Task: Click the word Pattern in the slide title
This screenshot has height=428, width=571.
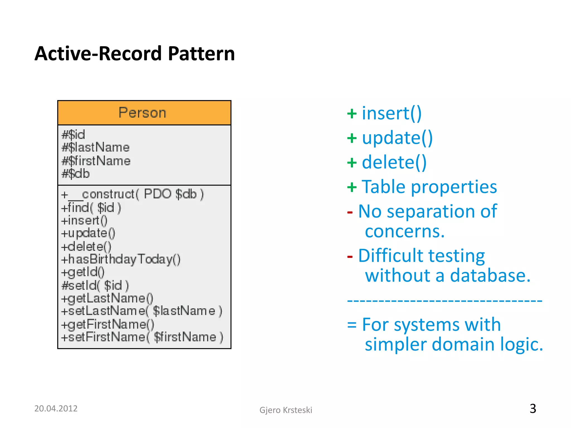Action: pyautogui.click(x=201, y=53)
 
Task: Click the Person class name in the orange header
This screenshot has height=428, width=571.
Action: pyautogui.click(x=142, y=113)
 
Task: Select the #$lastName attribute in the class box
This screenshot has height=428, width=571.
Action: pyautogui.click(x=96, y=147)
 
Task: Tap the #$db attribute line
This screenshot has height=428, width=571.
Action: pyautogui.click(x=76, y=174)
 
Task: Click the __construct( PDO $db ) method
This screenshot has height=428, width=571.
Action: pyautogui.click(x=132, y=194)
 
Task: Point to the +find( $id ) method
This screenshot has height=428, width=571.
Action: pyautogui.click(x=91, y=208)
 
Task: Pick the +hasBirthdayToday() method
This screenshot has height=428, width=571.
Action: pyautogui.click(x=121, y=259)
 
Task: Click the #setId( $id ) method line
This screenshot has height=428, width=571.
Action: pyautogui.click(x=95, y=285)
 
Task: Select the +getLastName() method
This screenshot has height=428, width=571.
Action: pyautogui.click(x=107, y=298)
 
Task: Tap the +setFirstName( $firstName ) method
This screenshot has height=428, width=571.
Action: pyautogui.click(x=142, y=337)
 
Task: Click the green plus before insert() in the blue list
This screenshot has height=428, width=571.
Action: pyautogui.click(x=352, y=114)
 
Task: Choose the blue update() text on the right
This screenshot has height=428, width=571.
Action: pyautogui.click(x=397, y=138)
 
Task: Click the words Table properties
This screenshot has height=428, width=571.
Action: pyautogui.click(x=429, y=186)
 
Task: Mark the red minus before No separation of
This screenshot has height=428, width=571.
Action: pyautogui.click(x=350, y=213)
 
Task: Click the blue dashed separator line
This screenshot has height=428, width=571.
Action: pyautogui.click(x=444, y=301)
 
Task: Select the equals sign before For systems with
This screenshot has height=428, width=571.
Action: pyautogui.click(x=352, y=325)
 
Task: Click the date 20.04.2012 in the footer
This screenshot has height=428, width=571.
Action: pyautogui.click(x=56, y=408)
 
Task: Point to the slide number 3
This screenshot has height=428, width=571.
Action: pyautogui.click(x=533, y=409)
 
